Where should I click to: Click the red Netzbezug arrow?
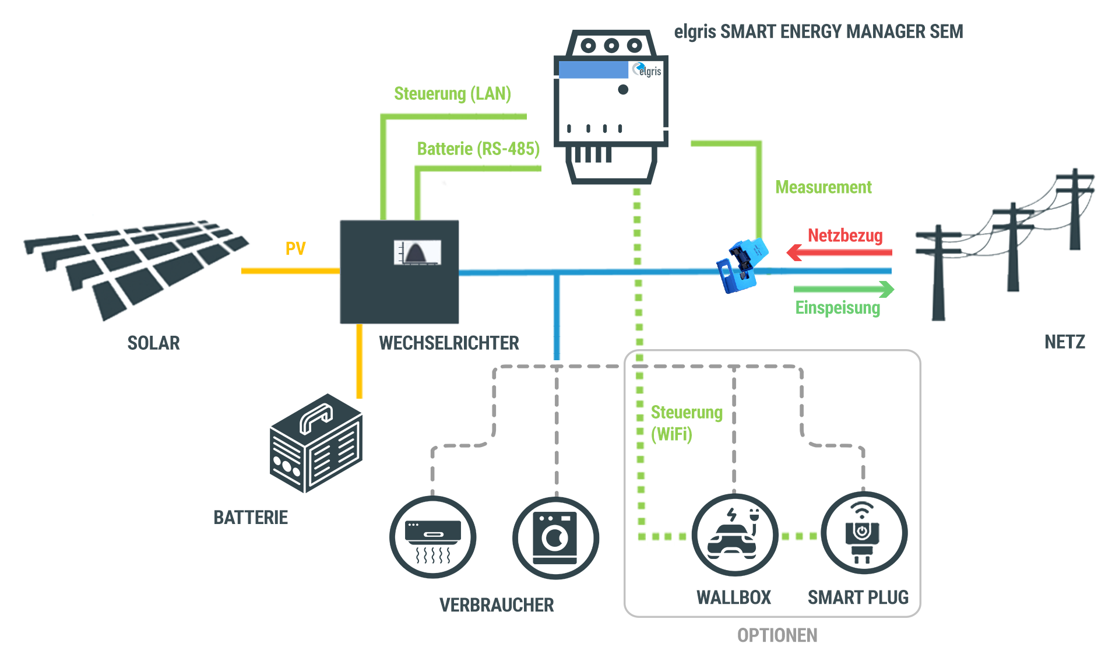[x=839, y=252]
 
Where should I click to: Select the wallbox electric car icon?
[x=734, y=535]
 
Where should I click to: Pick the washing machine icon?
[x=555, y=537]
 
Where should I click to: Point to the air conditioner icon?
[x=432, y=537]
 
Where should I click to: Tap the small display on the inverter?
[x=417, y=252]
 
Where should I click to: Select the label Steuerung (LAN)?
[x=452, y=94]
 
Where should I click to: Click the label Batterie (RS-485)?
[x=478, y=149]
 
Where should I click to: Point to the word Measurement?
[x=823, y=187]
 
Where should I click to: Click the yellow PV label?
[x=295, y=249]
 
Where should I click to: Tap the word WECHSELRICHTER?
[x=449, y=343]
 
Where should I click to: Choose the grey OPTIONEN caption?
[x=777, y=635]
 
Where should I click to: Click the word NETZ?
[x=1064, y=342]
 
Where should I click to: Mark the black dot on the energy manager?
[x=623, y=90]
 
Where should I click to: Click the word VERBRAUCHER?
[x=497, y=605]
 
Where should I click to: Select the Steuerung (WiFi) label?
[x=685, y=423]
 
